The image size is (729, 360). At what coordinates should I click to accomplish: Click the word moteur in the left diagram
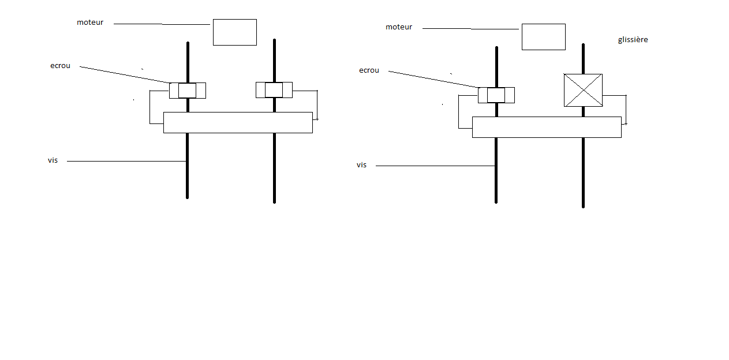coord(90,22)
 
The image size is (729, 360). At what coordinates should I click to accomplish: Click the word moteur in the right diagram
coord(399,27)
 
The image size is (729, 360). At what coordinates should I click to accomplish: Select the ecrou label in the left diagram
coord(60,66)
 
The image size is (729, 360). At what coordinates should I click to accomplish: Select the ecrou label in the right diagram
coord(369,70)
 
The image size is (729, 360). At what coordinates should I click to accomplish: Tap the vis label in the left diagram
coord(53,160)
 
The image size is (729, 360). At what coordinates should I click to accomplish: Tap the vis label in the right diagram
coord(362,165)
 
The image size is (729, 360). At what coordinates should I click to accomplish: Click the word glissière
coord(633,40)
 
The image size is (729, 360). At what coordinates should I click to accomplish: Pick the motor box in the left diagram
coord(234,32)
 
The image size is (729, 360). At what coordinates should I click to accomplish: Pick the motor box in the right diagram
coord(543,37)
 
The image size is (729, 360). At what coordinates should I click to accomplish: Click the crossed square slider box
coord(583,90)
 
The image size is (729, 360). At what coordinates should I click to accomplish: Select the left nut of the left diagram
coord(187,91)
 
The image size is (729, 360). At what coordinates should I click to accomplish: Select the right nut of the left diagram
coord(274,90)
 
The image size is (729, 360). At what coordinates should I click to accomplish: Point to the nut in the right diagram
coord(496,95)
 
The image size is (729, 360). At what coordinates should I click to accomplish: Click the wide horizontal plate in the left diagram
coord(238,122)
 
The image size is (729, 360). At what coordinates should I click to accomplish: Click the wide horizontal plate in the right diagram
coord(547,127)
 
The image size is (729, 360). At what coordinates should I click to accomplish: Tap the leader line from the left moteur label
coord(162,24)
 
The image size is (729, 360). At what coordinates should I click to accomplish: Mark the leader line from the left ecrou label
coord(124,74)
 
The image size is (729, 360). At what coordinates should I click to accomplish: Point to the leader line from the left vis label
coord(127,162)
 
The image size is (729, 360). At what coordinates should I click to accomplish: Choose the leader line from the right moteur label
coord(470,29)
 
